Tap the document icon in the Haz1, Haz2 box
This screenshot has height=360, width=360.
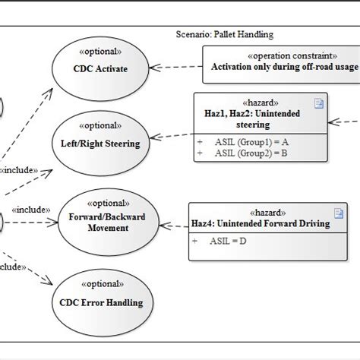click(320, 105)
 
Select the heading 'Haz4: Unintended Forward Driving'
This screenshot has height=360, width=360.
click(261, 223)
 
